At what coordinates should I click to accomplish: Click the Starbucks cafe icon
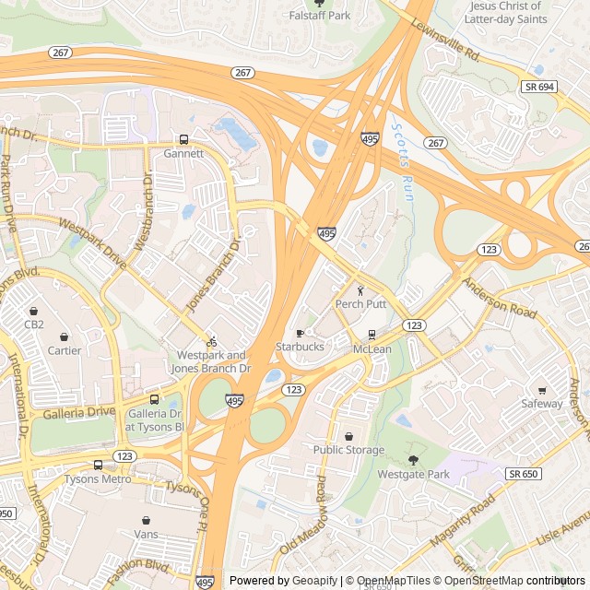point(300,333)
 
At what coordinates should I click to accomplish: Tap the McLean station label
point(372,349)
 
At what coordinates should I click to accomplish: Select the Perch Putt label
point(360,303)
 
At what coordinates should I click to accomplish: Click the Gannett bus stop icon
point(183,140)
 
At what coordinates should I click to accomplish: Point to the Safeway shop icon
point(542,390)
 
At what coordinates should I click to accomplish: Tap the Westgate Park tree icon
point(413,460)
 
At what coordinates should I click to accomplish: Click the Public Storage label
point(348,450)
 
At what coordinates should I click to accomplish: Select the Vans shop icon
point(146,520)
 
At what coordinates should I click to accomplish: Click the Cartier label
point(64,350)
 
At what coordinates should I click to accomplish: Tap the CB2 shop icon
point(34,311)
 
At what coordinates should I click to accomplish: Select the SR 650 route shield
point(521,473)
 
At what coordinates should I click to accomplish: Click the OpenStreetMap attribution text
point(483,581)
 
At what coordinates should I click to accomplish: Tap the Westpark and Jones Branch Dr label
point(212,361)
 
